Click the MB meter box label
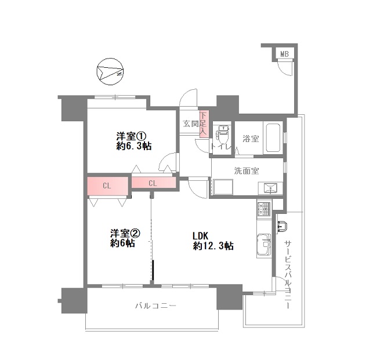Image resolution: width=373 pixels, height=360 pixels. coord(284,54)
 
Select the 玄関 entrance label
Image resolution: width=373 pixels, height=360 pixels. coord(191,123)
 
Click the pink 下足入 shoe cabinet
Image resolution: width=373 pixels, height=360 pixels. coord(204,124)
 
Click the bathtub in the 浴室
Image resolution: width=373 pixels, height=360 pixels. coord(273,138)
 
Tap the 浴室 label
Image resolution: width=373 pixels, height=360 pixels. coord(251,139)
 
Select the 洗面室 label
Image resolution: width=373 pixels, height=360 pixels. coord(247,171)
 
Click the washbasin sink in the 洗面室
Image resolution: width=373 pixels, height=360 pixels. coord(270,188)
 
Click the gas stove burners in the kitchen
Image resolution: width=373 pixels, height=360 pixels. coord(264,209)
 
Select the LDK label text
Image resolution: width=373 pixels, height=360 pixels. coord(200,236)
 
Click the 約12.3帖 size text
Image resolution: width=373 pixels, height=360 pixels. coord(213,246)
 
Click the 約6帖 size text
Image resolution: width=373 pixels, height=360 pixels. coord(122,243)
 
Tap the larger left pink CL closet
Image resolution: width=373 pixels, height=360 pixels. coord(107,186)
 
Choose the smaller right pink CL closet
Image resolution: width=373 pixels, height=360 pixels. coord(154,183)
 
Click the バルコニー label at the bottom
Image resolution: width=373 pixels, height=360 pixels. coord(155,306)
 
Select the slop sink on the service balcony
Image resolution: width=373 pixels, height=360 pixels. coord(282,226)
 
